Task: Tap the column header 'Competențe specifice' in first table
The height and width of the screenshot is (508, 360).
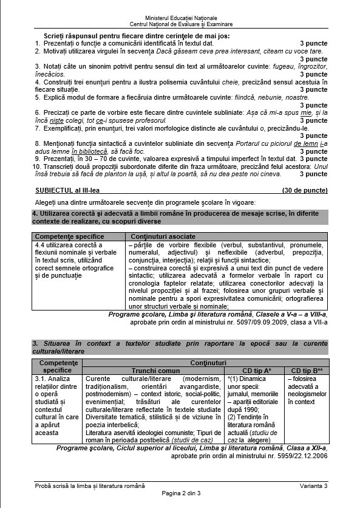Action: coord(69,236)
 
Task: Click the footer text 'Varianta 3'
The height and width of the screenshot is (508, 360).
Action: coord(313,486)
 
